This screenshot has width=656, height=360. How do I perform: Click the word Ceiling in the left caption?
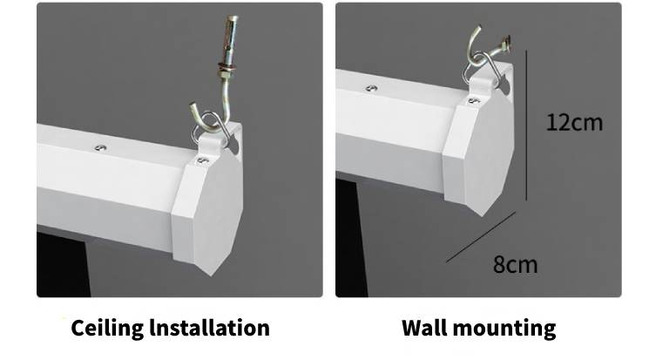(107, 328)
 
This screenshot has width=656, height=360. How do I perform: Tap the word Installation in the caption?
(210, 328)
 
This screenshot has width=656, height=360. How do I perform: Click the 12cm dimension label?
(575, 123)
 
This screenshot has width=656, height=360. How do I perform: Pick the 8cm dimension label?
(515, 265)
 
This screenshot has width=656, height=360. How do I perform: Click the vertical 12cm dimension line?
(526, 126)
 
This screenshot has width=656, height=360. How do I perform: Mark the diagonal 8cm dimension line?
(481, 237)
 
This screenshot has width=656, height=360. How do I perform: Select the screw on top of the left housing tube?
(100, 148)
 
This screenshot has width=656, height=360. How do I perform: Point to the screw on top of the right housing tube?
(371, 88)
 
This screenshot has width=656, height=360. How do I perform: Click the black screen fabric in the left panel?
(62, 264)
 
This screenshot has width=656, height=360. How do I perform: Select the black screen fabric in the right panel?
(350, 239)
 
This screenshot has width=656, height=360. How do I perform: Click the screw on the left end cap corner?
(203, 160)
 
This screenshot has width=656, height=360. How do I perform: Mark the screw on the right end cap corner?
(474, 100)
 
